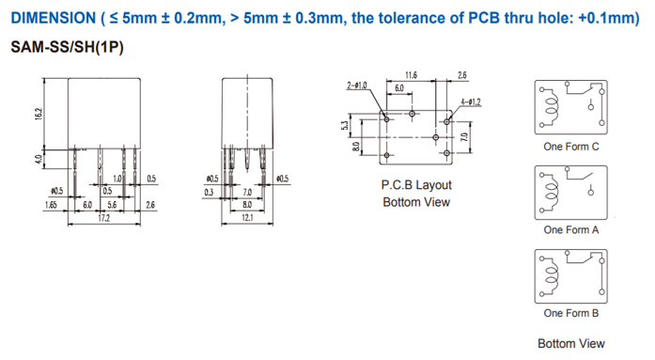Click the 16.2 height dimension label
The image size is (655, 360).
pos(39,114)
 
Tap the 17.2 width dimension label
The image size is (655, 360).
pos(103,218)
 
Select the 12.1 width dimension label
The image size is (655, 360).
pos(247,217)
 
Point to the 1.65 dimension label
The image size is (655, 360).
pos(51,205)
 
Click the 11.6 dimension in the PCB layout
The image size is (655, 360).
pos(411,75)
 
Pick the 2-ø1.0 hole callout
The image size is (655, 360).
pos(357,86)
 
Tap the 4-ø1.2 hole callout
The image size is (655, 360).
pos(471,102)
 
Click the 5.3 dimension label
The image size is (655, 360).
pos(345,125)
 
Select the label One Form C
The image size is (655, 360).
pos(571,147)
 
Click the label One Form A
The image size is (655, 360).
pos(571,229)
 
